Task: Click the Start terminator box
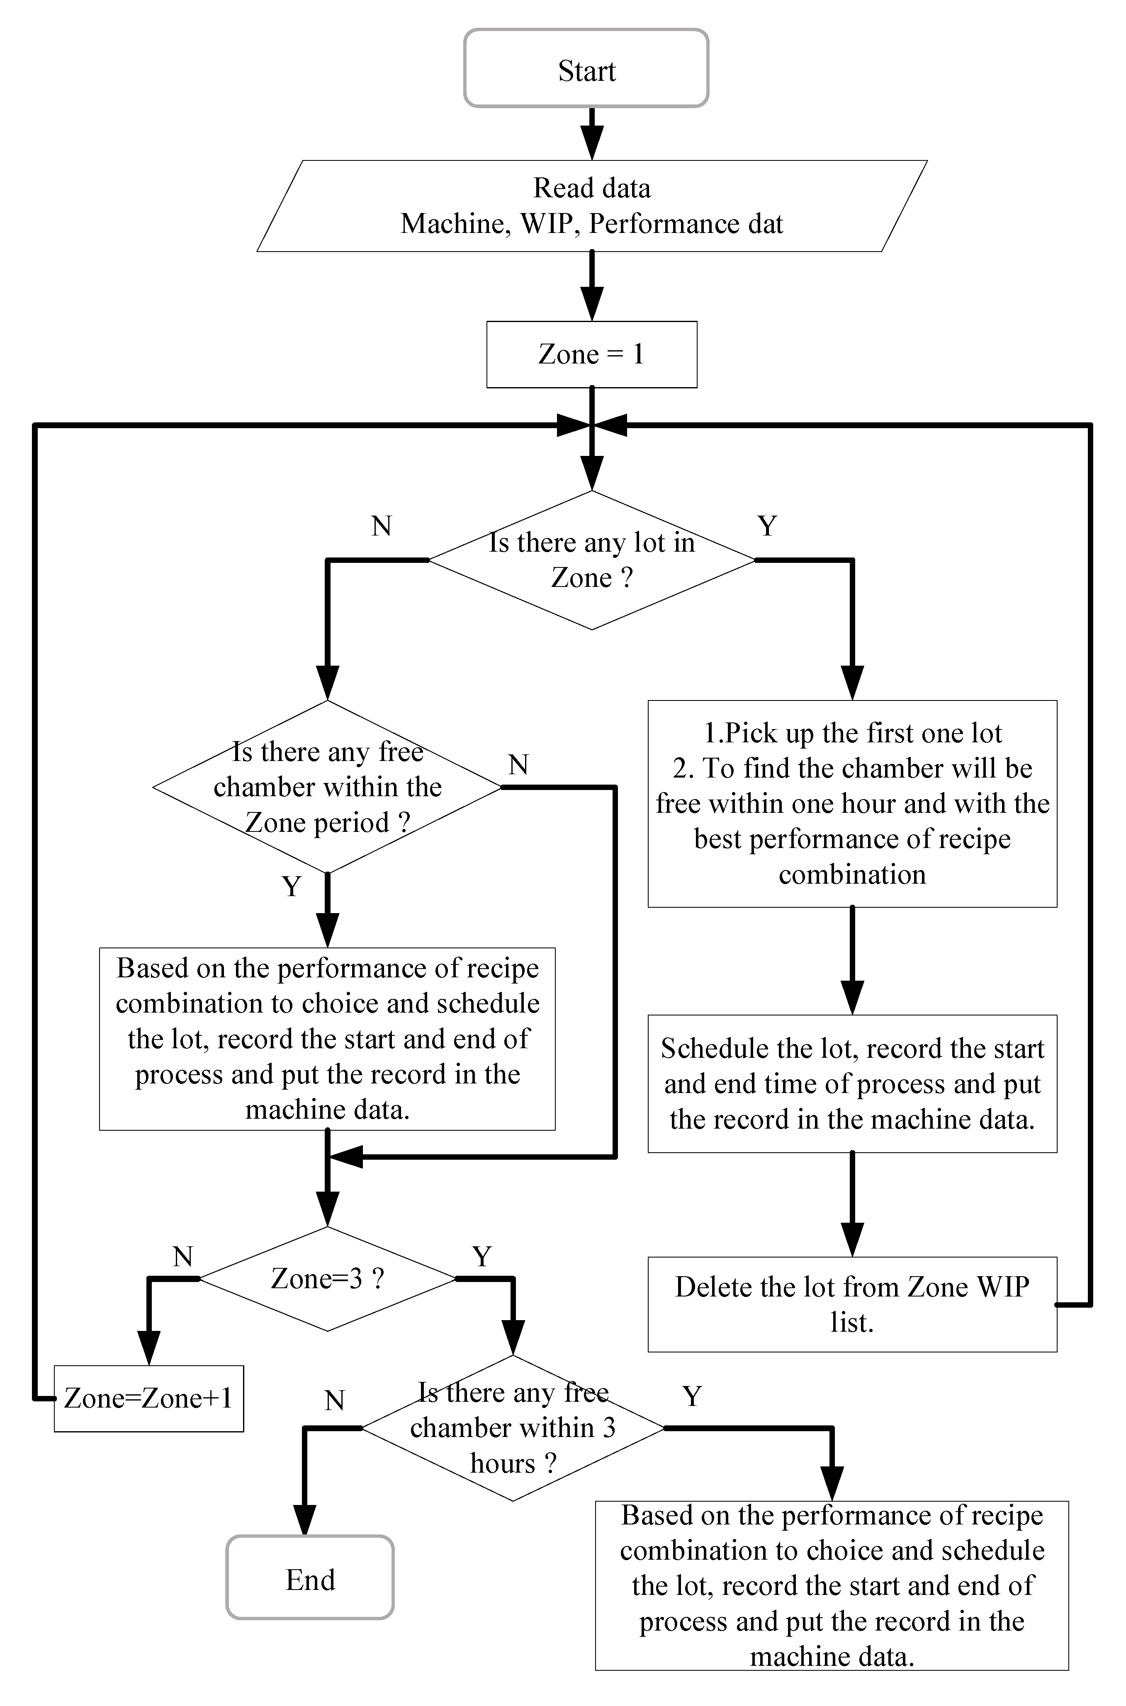pyautogui.click(x=586, y=69)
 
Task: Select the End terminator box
pyautogui.click(x=310, y=1580)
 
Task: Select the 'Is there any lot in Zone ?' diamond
pyautogui.click(x=592, y=560)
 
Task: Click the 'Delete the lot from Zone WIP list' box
pyautogui.click(x=852, y=1305)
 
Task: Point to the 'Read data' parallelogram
pyautogui.click(x=592, y=206)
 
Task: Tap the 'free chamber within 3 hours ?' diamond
pyautogui.click(x=513, y=1428)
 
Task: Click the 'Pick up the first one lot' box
pyautogui.click(x=852, y=803)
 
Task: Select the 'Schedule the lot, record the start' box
pyautogui.click(x=852, y=1084)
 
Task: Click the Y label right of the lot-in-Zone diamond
pyautogui.click(x=767, y=526)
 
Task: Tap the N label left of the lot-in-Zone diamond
pyautogui.click(x=381, y=526)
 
